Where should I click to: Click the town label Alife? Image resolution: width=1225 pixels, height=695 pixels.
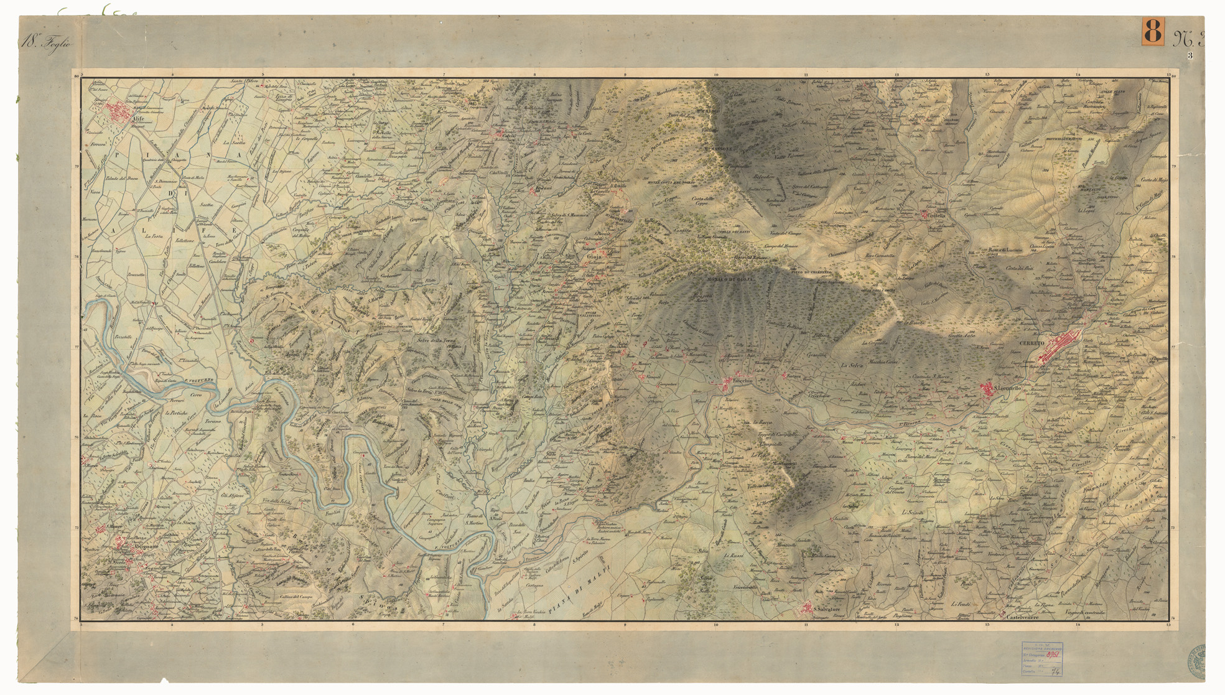click(x=137, y=121)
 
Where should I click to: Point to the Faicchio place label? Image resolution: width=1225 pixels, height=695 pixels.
click(x=742, y=380)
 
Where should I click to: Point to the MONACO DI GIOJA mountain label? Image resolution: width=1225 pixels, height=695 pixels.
click(x=730, y=280)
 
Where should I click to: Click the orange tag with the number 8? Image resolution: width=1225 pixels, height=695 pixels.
click(x=1152, y=30)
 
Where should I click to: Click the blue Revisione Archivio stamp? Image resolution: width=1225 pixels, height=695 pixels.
click(x=1041, y=658)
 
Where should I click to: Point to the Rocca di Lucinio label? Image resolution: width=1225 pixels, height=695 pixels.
click(x=1005, y=250)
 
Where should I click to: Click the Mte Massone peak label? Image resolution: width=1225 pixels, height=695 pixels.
click(x=720, y=149)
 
